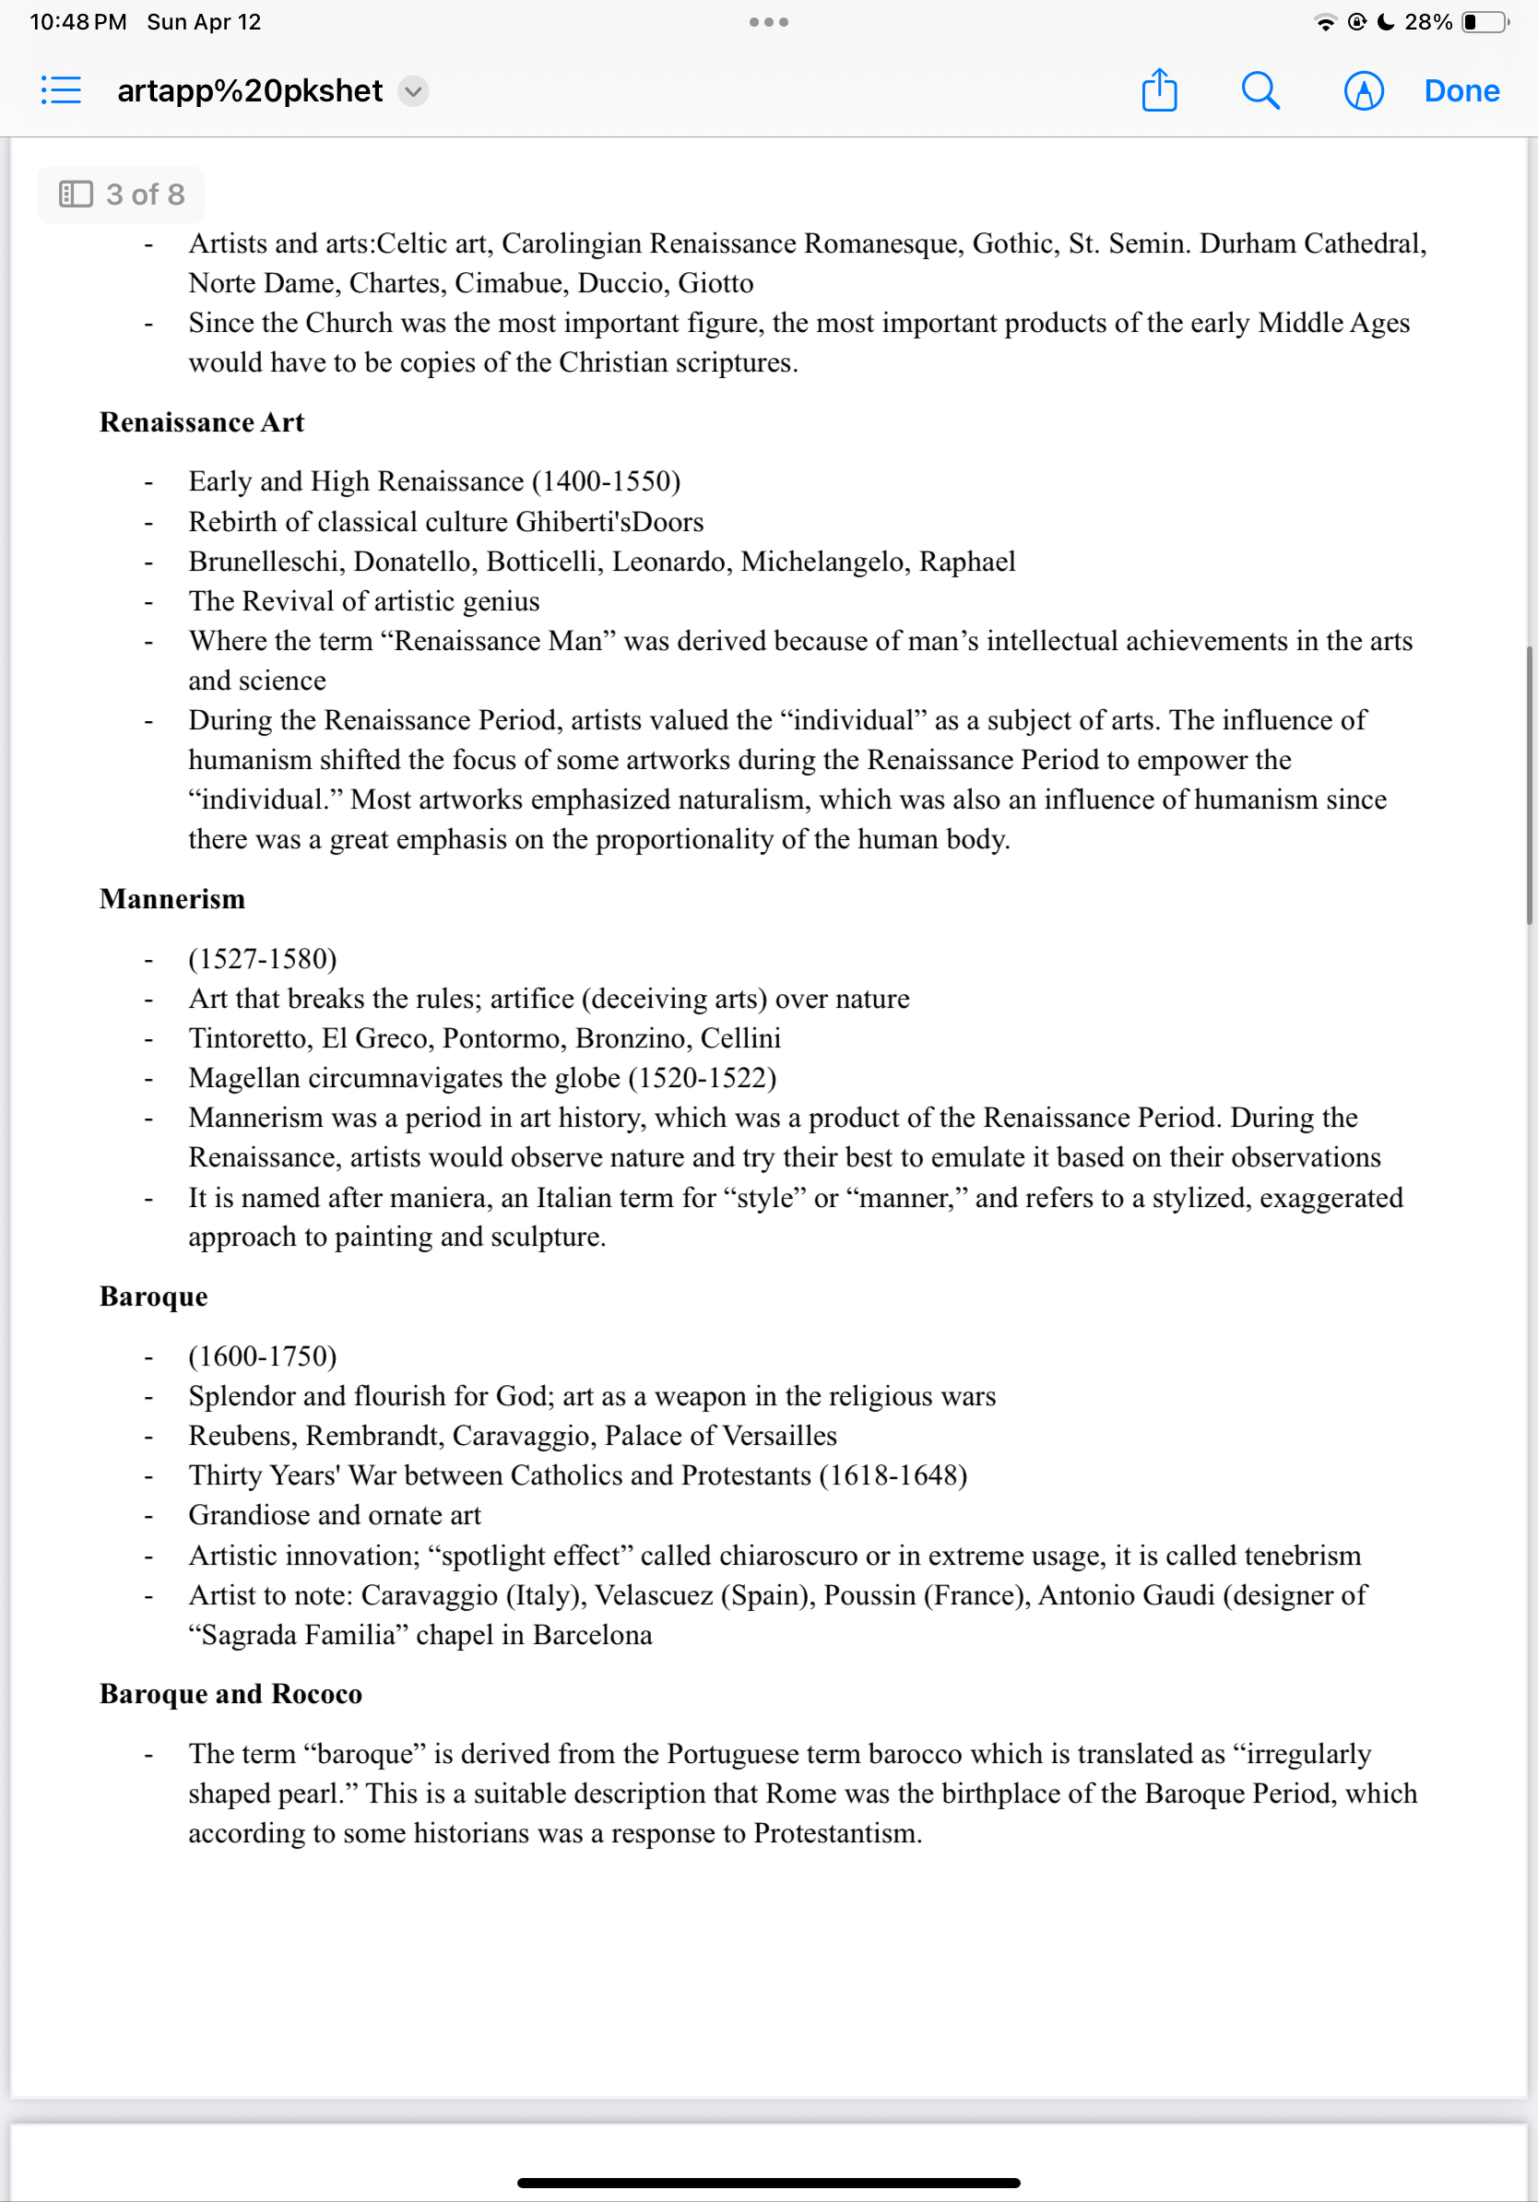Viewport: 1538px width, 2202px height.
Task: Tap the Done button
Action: tap(1461, 91)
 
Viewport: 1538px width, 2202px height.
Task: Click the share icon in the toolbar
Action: tap(1159, 91)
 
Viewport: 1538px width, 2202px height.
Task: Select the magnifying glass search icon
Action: tap(1260, 91)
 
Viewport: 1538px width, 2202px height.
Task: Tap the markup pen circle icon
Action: tap(1363, 91)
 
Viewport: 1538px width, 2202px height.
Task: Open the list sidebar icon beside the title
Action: tap(62, 91)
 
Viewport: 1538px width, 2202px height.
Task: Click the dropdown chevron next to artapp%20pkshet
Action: tap(413, 91)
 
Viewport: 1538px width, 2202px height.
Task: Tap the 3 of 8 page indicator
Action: tap(121, 195)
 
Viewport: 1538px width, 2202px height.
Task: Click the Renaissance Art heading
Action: tap(201, 422)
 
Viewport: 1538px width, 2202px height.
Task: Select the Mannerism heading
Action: tap(172, 899)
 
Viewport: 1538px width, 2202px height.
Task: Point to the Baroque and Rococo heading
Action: tap(231, 1694)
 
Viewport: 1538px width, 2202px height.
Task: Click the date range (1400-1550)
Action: tap(606, 481)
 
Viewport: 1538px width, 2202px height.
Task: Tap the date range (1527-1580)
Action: tap(263, 959)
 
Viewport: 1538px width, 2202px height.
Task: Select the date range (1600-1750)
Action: tap(263, 1356)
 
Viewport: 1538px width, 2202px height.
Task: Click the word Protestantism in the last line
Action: tap(836, 1834)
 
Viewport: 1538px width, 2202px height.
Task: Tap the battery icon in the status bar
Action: tap(1484, 22)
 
